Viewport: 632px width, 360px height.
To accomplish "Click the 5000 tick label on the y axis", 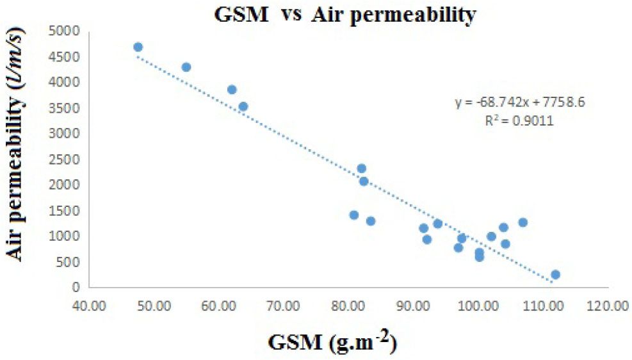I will pos(68,31).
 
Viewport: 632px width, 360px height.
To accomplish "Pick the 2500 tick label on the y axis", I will pos(68,160).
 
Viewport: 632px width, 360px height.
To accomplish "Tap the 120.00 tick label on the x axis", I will pos(607,305).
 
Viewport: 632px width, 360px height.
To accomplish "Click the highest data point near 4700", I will pos(138,47).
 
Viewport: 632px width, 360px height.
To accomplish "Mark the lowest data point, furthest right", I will pos(555,274).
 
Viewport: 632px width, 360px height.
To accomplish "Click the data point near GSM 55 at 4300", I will pos(186,67).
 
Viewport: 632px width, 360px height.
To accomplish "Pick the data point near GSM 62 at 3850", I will pos(232,90).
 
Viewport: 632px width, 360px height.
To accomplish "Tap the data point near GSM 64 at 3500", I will pos(243,106).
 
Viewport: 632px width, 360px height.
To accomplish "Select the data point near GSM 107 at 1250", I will pos(523,222).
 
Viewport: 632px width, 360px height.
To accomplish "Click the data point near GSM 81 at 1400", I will pos(353,215).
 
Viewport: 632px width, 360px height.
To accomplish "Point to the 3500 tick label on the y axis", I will pos(68,108).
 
